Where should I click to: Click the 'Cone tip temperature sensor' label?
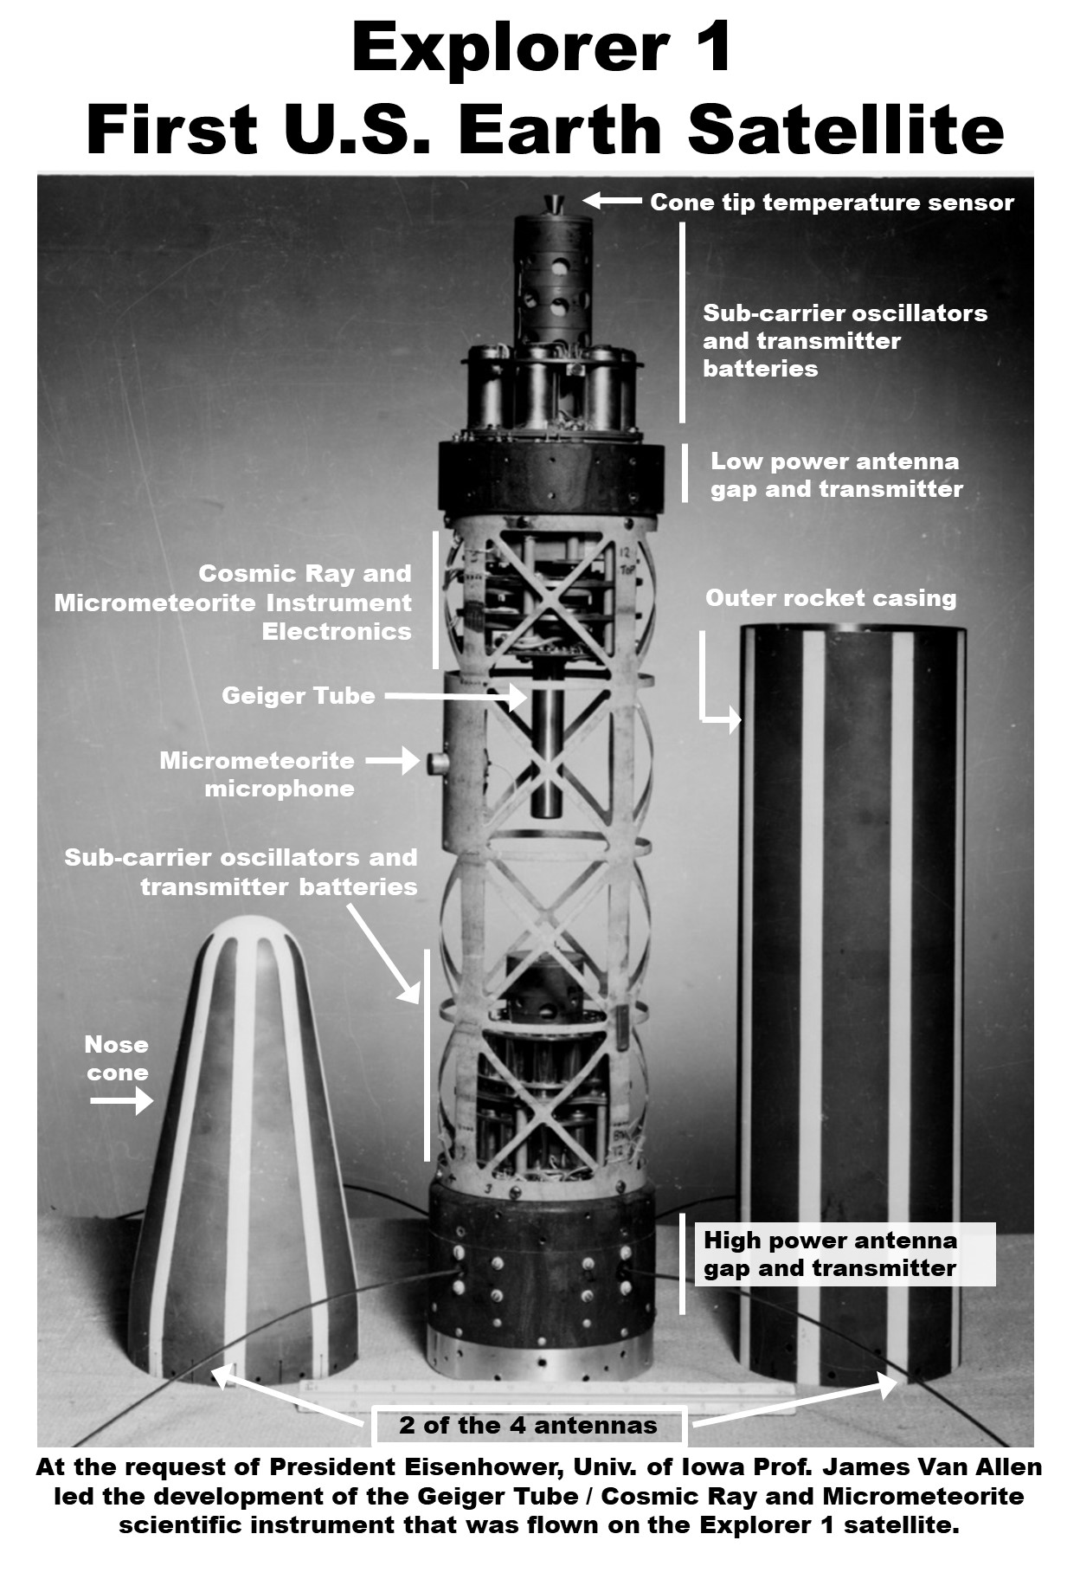(832, 203)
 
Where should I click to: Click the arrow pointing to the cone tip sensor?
(612, 201)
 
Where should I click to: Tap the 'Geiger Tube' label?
(299, 696)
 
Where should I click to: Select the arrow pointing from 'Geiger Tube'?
(455, 695)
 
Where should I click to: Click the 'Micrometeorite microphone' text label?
(257, 775)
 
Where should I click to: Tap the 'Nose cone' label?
(117, 1059)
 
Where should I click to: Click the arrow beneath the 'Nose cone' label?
(122, 1102)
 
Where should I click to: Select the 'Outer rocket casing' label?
(831, 598)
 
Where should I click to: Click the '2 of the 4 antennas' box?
(529, 1426)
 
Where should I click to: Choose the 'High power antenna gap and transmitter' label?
(831, 1254)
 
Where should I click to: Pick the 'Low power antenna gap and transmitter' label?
(836, 475)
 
